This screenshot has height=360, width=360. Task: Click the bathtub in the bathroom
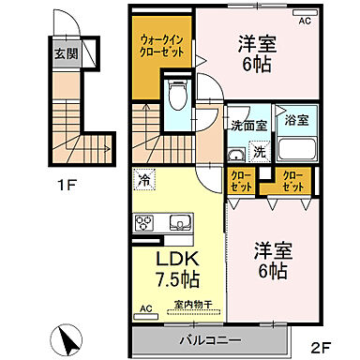pos(295,146)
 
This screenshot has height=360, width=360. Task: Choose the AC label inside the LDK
pos(145,307)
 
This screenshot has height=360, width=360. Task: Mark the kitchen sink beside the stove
pos(178,223)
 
